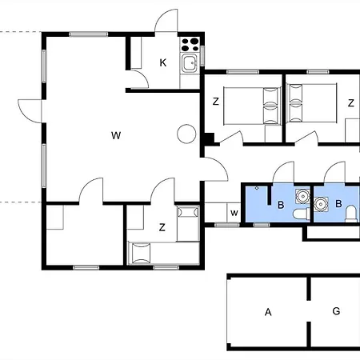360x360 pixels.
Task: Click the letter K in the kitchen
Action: pos(163,63)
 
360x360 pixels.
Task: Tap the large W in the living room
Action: pos(116,135)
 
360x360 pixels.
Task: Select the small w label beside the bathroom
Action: pos(234,213)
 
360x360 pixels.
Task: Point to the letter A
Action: pos(268,312)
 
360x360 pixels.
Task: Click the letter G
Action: pos(336,311)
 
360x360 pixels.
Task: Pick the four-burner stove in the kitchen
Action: pos(190,45)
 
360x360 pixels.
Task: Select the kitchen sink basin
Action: pos(190,63)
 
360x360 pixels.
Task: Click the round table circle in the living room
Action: pos(186,134)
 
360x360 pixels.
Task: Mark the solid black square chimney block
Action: pos(209,138)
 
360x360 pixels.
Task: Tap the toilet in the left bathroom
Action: pos(302,214)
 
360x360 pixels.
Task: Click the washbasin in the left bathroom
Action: pos(303,196)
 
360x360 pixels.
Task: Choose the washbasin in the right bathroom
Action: pos(321,204)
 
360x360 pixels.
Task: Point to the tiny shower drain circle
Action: pos(257,188)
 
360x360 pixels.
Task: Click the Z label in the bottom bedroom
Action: pos(162,227)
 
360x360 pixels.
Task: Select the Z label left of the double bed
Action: pos(216,102)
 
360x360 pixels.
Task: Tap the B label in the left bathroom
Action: pos(281,205)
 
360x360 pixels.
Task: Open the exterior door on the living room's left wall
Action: pos(30,111)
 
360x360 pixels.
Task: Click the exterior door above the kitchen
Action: pos(166,21)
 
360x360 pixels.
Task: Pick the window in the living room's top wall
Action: pos(89,34)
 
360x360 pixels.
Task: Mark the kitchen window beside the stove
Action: pos(202,56)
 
